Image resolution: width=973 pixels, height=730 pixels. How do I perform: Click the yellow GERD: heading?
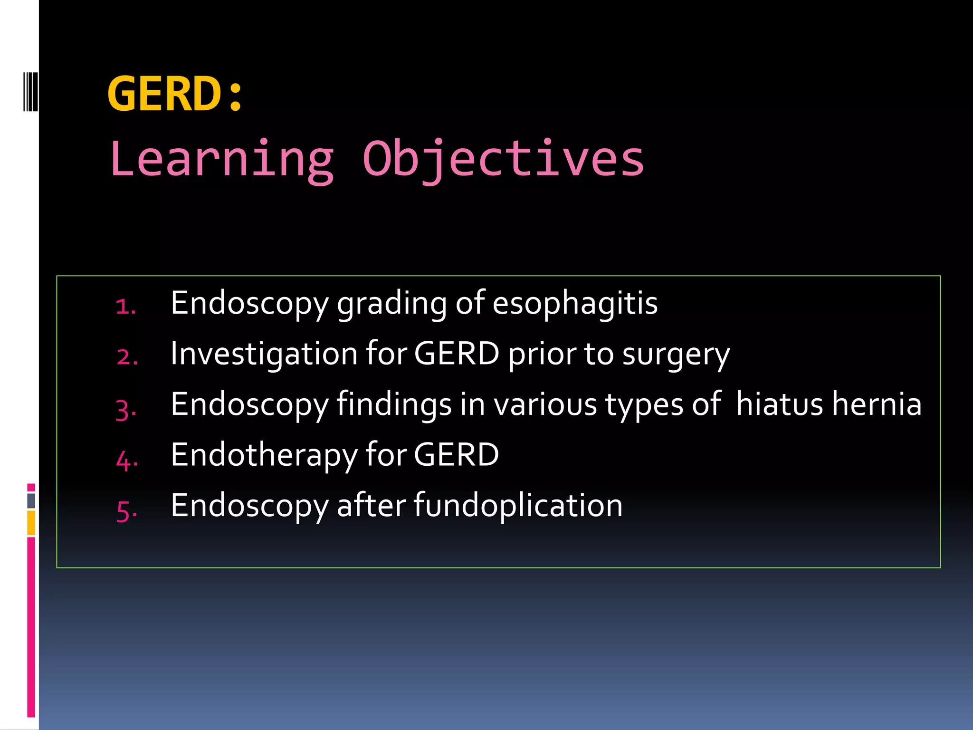[x=175, y=94]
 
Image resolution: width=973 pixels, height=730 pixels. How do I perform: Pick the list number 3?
[x=126, y=409]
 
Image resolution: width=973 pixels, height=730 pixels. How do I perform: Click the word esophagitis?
[x=575, y=303]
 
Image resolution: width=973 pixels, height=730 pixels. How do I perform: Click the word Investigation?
[x=264, y=355]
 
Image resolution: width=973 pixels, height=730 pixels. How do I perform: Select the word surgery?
[x=676, y=355]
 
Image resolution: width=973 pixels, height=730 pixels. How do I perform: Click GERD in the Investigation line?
[x=457, y=354]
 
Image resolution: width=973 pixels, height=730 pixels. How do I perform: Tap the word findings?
[x=394, y=405]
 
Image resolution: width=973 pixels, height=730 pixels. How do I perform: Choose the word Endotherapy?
[x=264, y=456]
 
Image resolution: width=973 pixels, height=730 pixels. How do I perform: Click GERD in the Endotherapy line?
[x=456, y=455]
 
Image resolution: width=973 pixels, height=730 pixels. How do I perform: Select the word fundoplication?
[x=518, y=506]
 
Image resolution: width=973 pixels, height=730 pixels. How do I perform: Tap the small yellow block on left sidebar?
[x=31, y=523]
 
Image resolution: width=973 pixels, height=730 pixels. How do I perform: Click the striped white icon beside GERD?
[x=30, y=91]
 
